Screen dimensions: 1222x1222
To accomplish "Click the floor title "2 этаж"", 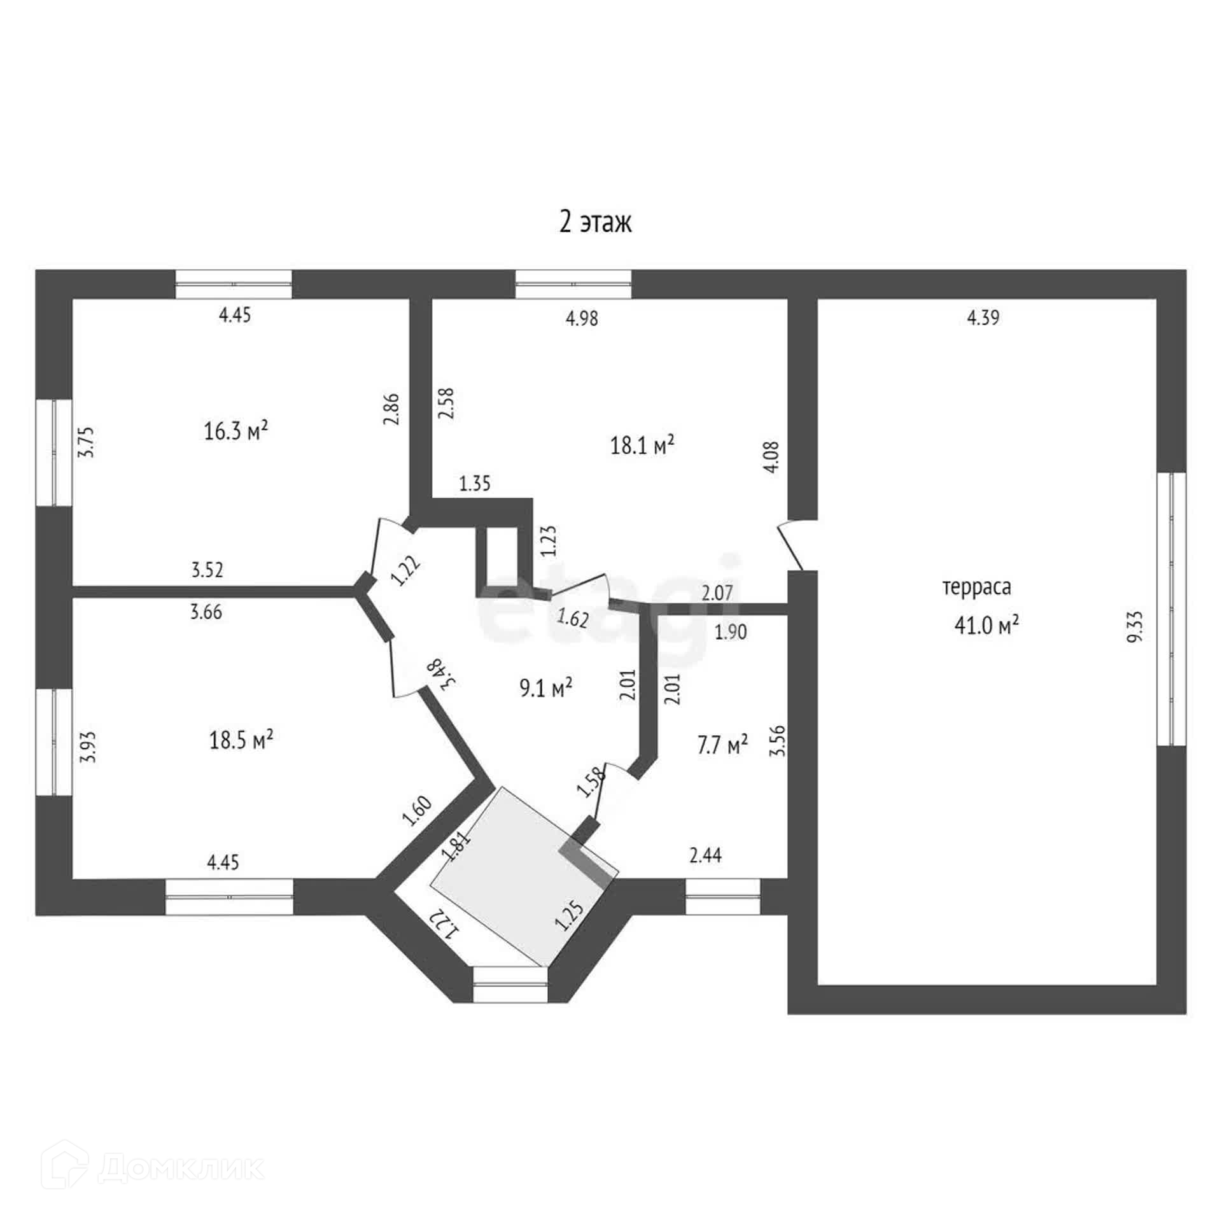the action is coord(595,223).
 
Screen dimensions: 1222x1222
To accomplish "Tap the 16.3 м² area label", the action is coord(235,432).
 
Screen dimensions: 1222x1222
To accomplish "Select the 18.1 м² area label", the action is coord(642,446).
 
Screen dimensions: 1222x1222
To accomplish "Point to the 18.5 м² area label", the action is coord(241,740).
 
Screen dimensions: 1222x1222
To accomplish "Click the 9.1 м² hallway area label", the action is coord(546,687).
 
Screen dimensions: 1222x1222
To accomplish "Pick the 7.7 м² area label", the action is coord(722,744).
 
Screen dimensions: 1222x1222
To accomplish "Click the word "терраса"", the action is coord(976,587).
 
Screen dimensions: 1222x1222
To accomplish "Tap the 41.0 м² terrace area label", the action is coord(986,626).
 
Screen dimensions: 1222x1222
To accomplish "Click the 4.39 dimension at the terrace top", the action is coord(983,318).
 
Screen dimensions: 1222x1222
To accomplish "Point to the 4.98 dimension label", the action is coord(582,318).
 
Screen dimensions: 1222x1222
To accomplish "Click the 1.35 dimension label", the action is coord(475,484).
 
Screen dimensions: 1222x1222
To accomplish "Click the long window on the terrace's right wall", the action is coord(1172,609).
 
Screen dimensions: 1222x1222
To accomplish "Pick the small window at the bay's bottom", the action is coord(510,985).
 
